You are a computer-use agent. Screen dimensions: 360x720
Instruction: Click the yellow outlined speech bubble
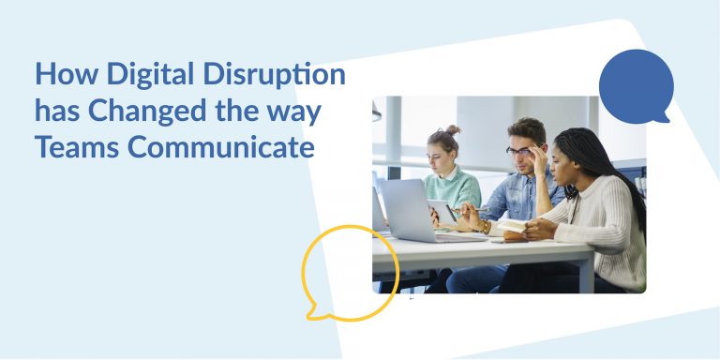(350, 271)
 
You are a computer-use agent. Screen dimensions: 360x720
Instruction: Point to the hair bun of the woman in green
(452, 129)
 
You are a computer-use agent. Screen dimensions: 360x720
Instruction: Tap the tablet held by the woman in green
(443, 212)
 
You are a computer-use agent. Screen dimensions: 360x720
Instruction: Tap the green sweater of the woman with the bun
(454, 188)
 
